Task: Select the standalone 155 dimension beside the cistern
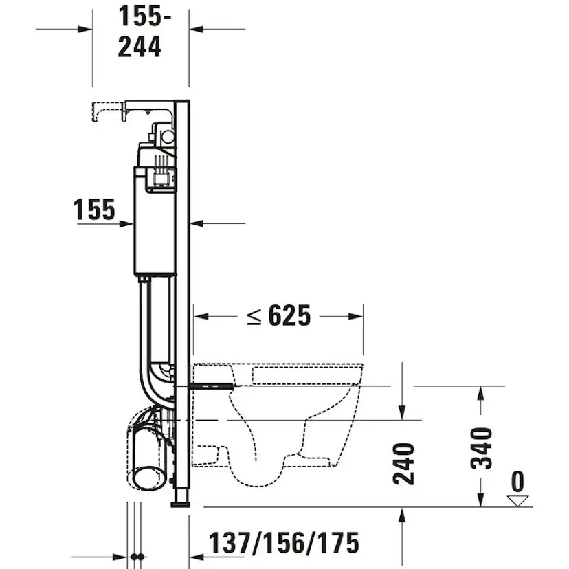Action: point(95,210)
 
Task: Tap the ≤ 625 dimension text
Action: point(279,316)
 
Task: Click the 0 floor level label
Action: point(517,480)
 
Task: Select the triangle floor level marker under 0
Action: point(519,500)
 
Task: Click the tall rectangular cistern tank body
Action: point(155,227)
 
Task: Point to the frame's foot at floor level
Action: point(180,502)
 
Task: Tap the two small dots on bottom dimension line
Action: point(137,555)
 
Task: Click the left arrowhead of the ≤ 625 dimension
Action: point(200,317)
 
